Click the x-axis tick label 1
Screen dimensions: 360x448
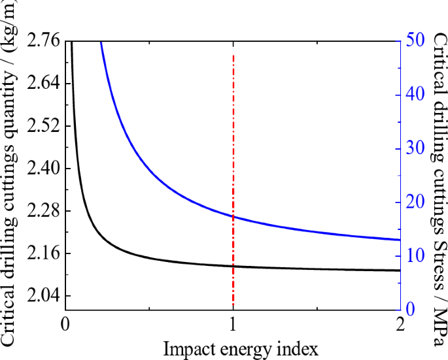point(233,325)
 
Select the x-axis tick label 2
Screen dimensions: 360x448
point(400,325)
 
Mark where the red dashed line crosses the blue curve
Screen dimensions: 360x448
point(233,217)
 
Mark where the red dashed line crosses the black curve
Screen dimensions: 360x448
point(233,266)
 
